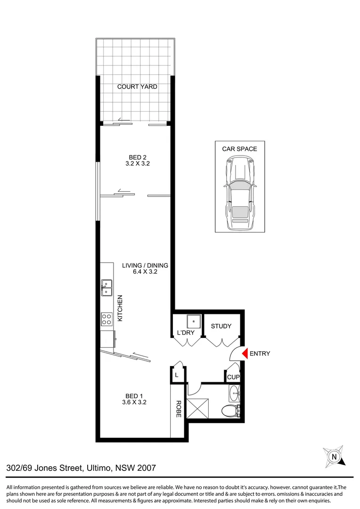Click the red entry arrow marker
[244, 353]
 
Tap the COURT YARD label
[137, 87]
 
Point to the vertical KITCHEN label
[120, 308]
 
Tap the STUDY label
[221, 326]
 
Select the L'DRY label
[186, 333]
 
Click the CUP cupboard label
[233, 377]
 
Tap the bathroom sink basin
[234, 392]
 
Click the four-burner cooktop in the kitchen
[106, 320]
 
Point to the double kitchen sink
[106, 287]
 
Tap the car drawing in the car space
[239, 193]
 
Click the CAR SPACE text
[239, 149]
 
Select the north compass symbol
[334, 456]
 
